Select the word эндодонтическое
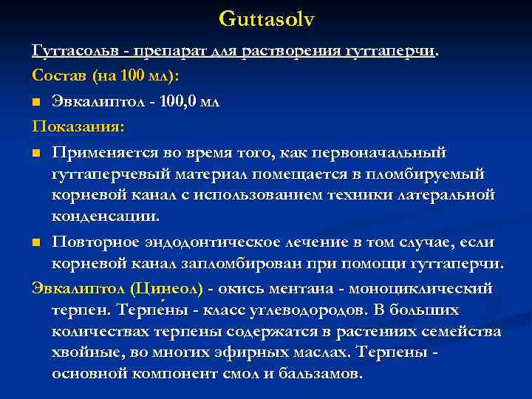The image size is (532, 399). coord(231,243)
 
